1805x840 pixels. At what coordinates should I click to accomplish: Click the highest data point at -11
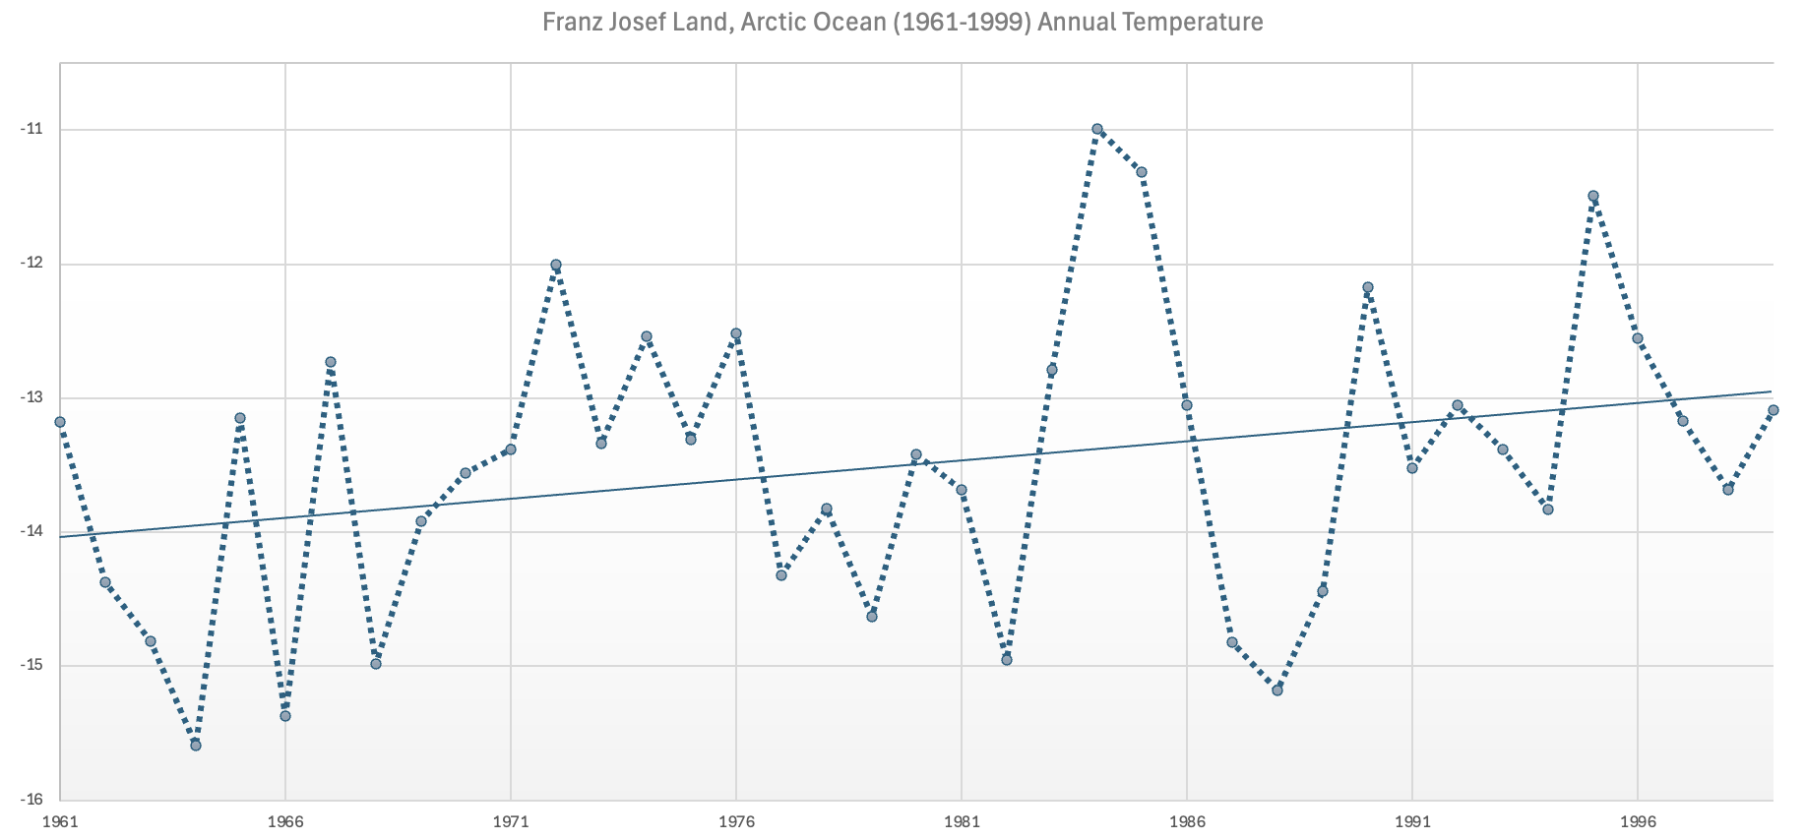coord(1096,129)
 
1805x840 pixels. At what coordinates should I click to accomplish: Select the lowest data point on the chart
coord(196,745)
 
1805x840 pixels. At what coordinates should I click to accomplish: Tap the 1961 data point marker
coord(60,422)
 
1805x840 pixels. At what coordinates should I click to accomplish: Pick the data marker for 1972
coord(556,265)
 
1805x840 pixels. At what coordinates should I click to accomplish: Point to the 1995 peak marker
coord(1593,196)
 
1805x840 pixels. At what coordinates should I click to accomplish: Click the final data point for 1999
coord(1773,410)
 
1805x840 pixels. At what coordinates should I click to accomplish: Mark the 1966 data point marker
coord(285,715)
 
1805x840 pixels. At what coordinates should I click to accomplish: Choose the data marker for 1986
coord(1187,405)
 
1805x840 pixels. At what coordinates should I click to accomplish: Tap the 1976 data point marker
coord(736,333)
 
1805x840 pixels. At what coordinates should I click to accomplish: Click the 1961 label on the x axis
coord(60,820)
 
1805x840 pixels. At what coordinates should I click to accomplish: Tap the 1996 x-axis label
coord(1638,820)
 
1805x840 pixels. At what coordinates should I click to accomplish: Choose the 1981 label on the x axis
coord(962,820)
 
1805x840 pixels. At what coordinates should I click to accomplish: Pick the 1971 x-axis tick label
coord(511,820)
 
